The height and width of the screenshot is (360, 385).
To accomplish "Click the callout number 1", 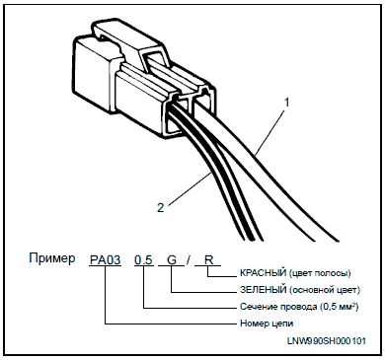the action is [x=287, y=103].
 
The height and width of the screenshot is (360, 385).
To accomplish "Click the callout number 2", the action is [x=160, y=208].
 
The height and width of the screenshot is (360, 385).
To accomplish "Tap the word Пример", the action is [x=52, y=258].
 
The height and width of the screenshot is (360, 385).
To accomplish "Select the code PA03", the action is [x=106, y=260].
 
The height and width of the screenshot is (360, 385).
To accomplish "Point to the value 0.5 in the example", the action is [x=144, y=260].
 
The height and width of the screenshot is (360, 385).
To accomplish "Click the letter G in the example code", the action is [x=172, y=260].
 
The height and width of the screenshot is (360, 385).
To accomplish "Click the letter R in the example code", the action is [x=209, y=260].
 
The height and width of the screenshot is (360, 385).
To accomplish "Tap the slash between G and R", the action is [x=188, y=260].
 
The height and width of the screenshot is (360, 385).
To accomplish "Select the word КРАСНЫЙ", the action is [x=263, y=273].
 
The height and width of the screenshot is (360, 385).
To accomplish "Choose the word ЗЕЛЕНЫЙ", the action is [x=264, y=290].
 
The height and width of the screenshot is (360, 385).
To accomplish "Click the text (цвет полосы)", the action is [x=320, y=273].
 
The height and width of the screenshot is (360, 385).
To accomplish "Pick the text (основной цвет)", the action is [x=325, y=290].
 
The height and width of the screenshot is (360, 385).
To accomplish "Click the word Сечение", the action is [x=259, y=307].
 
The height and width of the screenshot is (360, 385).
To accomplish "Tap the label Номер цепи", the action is [x=267, y=324].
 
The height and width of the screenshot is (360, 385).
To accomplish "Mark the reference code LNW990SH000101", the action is [x=326, y=341].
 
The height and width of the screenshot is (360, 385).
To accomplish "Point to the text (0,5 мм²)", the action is [x=339, y=307].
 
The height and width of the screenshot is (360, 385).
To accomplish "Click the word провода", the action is [x=298, y=308].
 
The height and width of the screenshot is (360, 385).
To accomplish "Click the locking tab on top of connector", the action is [x=128, y=42].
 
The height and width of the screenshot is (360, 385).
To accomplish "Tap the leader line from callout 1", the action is [x=270, y=132].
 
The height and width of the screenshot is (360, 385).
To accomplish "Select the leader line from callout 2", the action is [x=190, y=188].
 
